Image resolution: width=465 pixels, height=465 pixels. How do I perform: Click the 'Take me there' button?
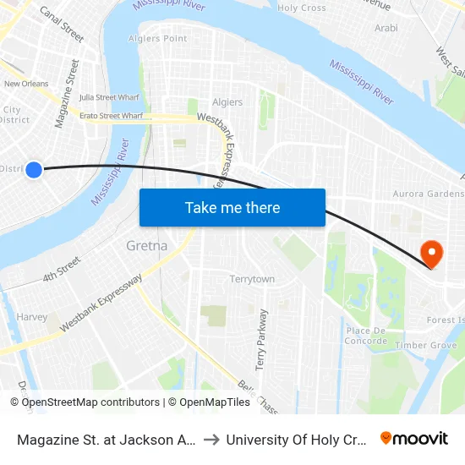point(232,207)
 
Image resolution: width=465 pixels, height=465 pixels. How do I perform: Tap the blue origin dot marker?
point(34,170)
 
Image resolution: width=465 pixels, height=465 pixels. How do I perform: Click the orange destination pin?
point(431,254)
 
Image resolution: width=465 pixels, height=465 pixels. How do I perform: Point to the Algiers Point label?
point(156,39)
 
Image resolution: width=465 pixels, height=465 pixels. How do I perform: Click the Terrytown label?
point(252,279)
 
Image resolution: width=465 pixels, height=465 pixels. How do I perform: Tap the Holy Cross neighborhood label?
point(302,8)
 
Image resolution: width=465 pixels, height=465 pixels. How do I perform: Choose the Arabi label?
point(386,28)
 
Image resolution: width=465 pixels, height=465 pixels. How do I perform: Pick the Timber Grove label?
point(431,345)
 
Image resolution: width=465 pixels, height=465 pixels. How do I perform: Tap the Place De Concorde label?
point(366,336)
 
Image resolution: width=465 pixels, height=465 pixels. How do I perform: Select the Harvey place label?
point(32,317)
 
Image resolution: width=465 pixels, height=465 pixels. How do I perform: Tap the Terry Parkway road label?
point(261,339)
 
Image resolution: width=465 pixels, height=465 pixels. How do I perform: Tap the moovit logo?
point(413,438)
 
